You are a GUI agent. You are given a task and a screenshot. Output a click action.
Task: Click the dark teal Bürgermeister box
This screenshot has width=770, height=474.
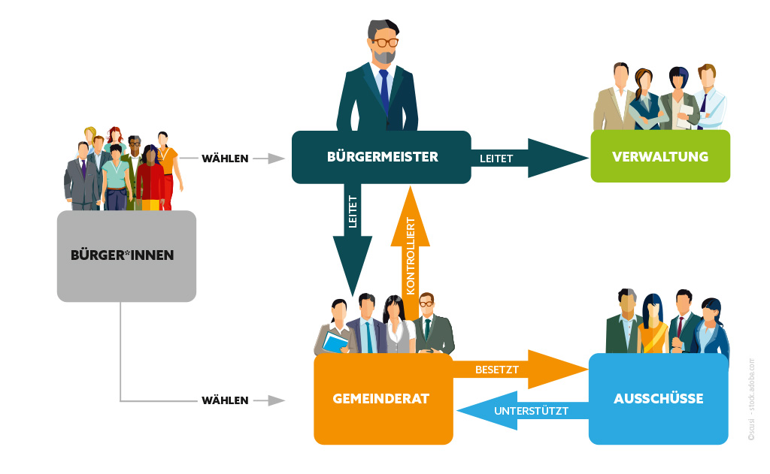point(381,157)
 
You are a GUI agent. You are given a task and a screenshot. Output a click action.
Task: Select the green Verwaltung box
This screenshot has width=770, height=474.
point(660,156)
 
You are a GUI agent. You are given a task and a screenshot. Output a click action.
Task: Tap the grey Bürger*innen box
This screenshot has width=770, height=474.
point(126,255)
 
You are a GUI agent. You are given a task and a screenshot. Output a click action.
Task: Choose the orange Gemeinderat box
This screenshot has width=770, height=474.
point(383,399)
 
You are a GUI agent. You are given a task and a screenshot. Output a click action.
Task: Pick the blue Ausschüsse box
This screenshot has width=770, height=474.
point(658,399)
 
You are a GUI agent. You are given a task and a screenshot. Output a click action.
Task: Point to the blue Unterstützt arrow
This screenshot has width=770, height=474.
point(519,411)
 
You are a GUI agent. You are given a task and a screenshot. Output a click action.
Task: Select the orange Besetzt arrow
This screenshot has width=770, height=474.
point(519,370)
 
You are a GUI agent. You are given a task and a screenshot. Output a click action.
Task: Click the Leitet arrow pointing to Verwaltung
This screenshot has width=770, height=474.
point(526,158)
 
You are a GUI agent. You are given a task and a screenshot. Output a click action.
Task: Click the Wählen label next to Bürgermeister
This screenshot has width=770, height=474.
point(224,159)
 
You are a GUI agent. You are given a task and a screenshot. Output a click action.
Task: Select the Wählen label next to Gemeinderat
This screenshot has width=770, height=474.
point(224,400)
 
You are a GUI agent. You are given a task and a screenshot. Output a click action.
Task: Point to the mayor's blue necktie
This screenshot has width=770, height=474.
point(384,90)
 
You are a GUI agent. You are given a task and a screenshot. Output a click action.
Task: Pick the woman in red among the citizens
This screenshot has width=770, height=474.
point(150,180)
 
